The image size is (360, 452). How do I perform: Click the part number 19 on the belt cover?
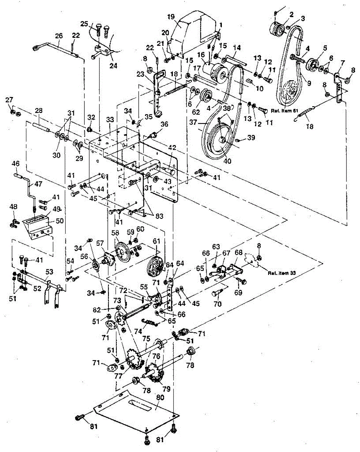(x=171, y=17)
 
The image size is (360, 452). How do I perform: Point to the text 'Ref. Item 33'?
(x=282, y=273)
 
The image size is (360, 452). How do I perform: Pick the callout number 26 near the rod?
(x=59, y=36)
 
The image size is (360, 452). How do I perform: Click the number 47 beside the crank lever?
(x=38, y=184)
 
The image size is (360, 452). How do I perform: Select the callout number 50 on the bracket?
(x=60, y=221)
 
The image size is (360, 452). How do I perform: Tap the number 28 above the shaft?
(x=38, y=111)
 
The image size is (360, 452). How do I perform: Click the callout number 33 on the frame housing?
(x=110, y=119)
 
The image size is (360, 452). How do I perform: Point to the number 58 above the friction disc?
(x=115, y=233)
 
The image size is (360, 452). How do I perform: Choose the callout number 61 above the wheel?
(x=157, y=241)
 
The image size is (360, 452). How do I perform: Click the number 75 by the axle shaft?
(x=146, y=339)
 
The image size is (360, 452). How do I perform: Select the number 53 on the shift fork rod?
(x=49, y=272)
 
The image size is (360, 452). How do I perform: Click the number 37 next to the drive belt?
(x=194, y=122)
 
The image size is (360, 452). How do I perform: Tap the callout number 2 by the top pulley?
(x=291, y=15)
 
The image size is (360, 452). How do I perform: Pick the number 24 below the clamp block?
(x=113, y=66)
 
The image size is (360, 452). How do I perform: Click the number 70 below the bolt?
(x=217, y=304)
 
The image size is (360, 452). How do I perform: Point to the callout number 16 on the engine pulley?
(x=201, y=55)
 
